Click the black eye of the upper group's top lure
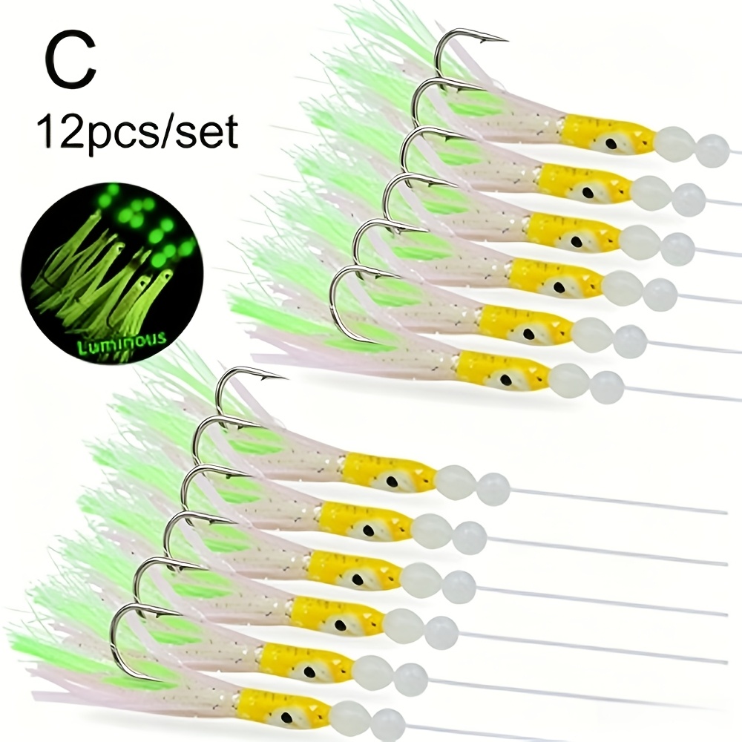[611, 133]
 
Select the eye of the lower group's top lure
[392, 481]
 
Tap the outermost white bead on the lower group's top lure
[493, 487]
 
